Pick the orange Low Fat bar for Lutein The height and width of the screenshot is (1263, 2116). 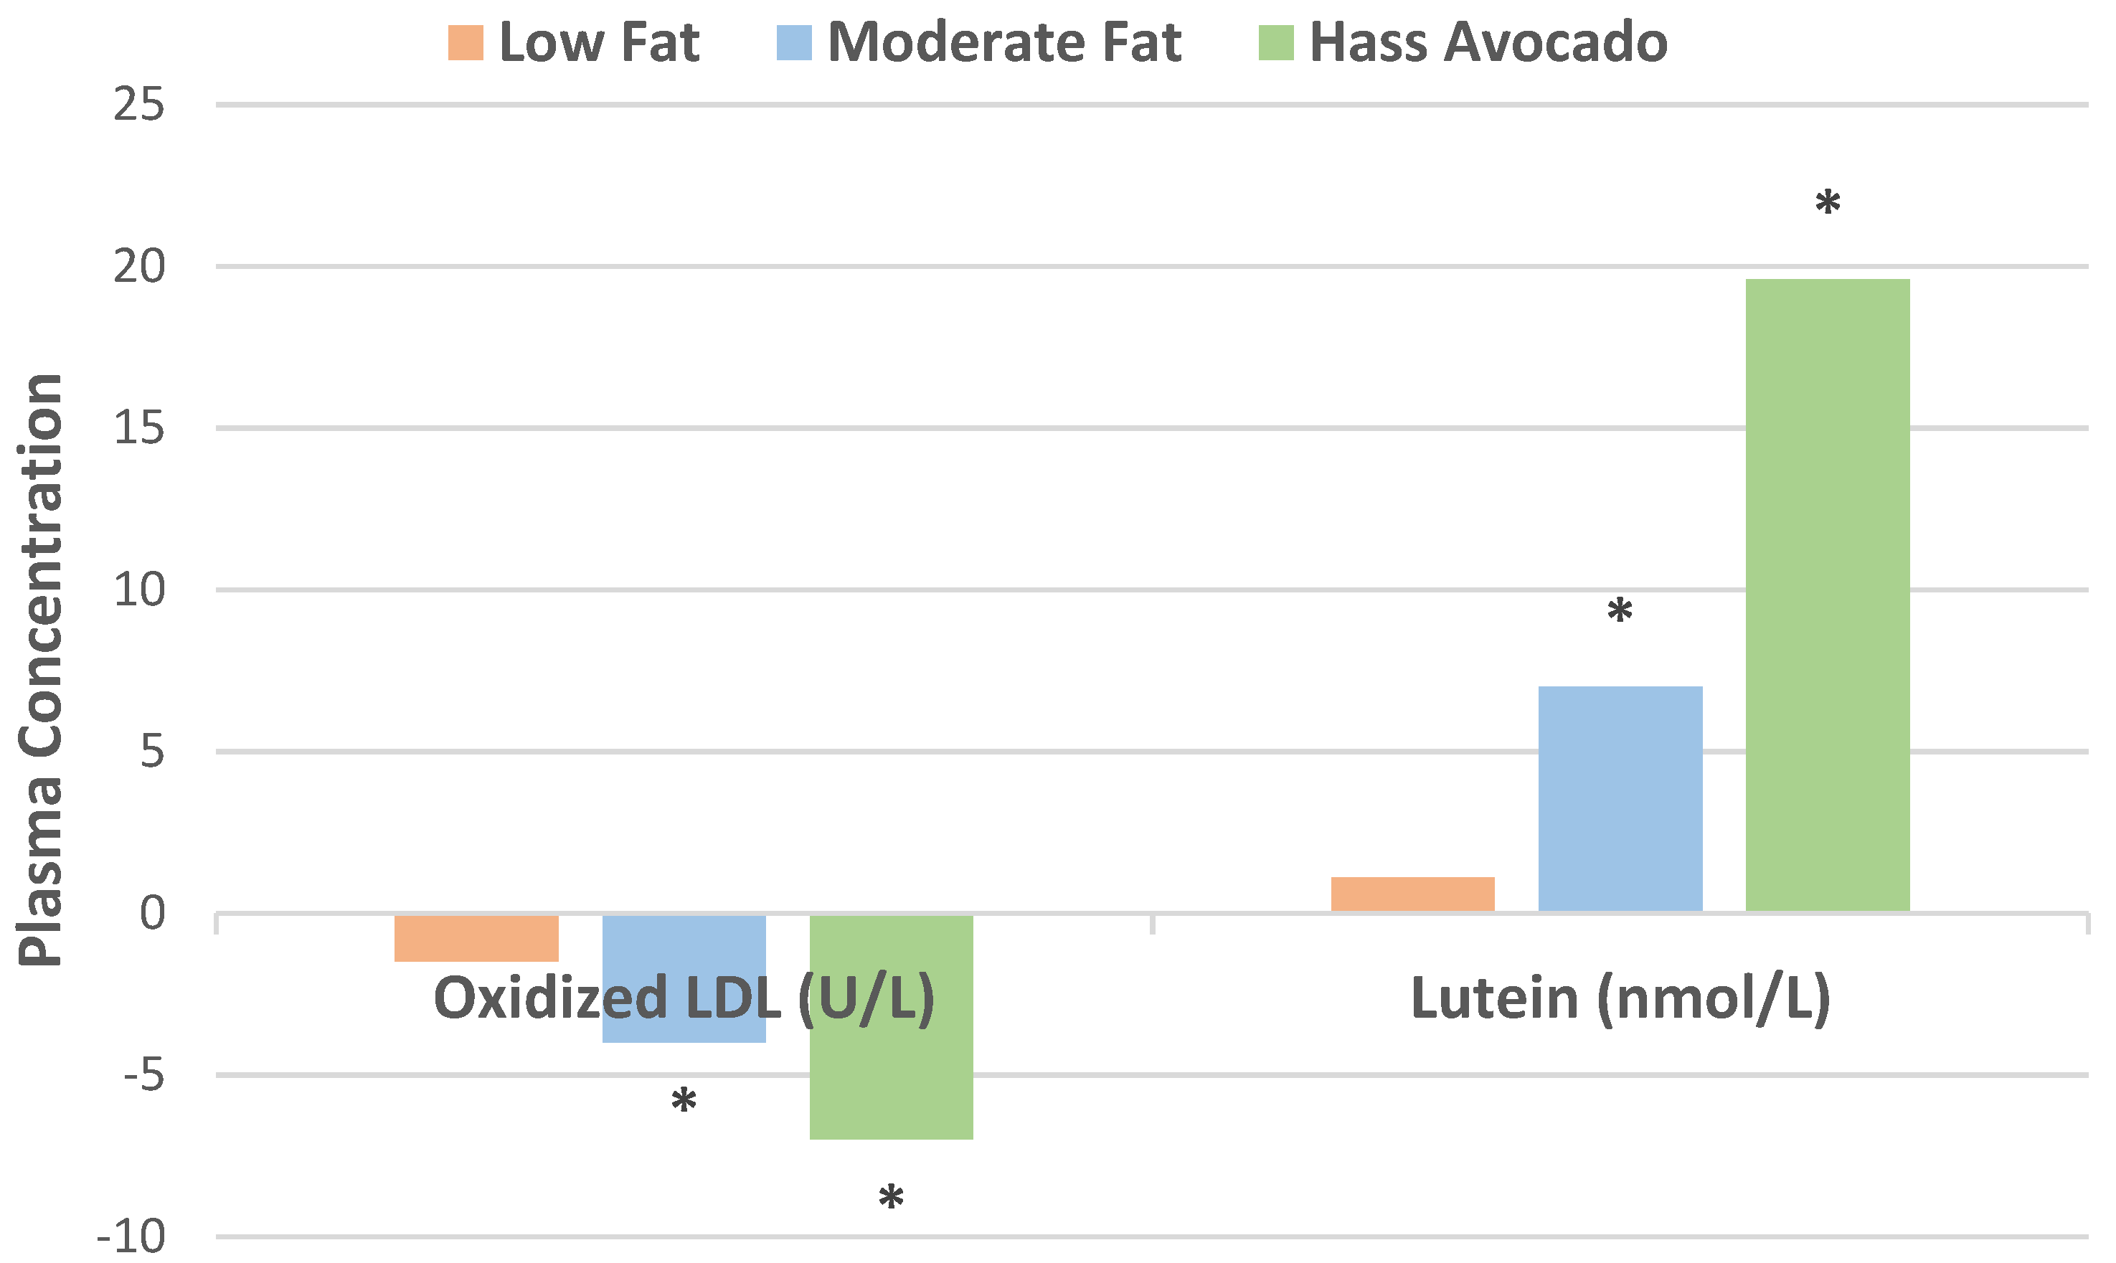tap(1412, 894)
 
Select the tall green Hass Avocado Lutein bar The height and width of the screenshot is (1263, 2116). tap(1828, 596)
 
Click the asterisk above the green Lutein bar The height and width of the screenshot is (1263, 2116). tap(1828, 204)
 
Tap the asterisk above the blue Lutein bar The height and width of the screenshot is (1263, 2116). tap(1619, 611)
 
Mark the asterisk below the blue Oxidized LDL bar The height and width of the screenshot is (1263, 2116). tap(684, 1102)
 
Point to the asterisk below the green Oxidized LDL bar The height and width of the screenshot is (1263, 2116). tap(890, 1198)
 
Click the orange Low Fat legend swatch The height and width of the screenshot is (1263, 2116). tap(466, 42)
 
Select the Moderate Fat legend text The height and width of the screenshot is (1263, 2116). tap(1004, 42)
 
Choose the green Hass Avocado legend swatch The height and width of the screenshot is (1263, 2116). tap(1276, 42)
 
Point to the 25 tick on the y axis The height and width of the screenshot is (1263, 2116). tap(138, 105)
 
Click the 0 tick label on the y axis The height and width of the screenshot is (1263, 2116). tap(152, 914)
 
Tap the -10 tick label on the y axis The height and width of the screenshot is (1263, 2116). tap(131, 1236)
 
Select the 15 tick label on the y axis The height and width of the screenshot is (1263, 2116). tap(138, 428)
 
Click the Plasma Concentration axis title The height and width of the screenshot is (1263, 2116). tap(41, 670)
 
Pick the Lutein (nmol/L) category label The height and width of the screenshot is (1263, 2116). tap(1620, 998)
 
